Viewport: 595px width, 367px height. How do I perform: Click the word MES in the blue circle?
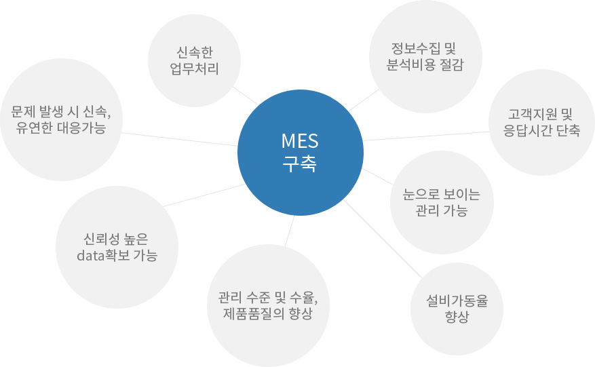(x=300, y=141)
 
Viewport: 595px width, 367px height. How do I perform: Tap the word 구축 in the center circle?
(x=300, y=164)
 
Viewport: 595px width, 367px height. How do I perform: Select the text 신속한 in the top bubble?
(x=195, y=52)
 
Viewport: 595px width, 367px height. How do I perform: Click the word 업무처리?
(x=194, y=69)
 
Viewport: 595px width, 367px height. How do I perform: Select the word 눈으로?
(x=421, y=194)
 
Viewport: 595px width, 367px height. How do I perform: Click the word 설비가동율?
(x=457, y=301)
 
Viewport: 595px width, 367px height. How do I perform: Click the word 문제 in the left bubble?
(x=23, y=111)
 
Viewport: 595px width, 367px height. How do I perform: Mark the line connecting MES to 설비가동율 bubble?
(x=383, y=239)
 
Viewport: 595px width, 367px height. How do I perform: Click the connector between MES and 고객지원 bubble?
(x=426, y=136)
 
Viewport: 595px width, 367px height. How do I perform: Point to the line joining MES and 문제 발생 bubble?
(x=180, y=139)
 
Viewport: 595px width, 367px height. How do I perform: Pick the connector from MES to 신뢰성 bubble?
(x=204, y=195)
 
